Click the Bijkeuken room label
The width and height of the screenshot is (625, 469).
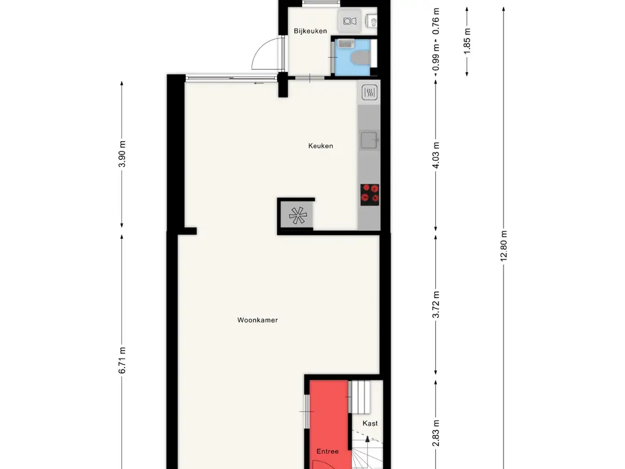(x=310, y=31)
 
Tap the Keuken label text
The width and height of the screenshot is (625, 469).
(x=320, y=146)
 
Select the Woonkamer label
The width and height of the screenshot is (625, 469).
(x=258, y=319)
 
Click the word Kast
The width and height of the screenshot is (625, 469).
(x=370, y=423)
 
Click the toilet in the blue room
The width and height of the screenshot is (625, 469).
(x=360, y=57)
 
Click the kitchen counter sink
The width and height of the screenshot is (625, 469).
(x=369, y=140)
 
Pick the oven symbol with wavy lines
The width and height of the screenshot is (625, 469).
(x=369, y=92)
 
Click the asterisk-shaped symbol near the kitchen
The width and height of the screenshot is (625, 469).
(x=297, y=215)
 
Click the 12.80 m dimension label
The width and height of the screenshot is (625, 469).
(x=504, y=245)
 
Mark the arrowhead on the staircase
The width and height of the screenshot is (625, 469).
(x=367, y=438)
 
